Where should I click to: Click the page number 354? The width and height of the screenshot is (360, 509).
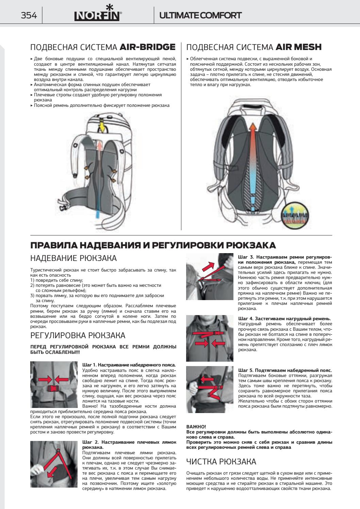(x=29, y=15)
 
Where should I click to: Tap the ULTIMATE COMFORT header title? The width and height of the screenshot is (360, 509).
(x=200, y=15)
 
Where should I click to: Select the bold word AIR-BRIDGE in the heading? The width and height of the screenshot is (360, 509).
(x=147, y=47)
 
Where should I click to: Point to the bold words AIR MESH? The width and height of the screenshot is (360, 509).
(x=299, y=47)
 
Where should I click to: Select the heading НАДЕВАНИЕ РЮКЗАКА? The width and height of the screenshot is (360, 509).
(x=73, y=258)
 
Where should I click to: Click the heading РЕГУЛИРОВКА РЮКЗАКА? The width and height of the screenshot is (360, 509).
(x=78, y=335)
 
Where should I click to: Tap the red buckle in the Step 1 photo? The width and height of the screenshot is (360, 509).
(x=53, y=388)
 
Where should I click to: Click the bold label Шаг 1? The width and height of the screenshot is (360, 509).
(x=89, y=365)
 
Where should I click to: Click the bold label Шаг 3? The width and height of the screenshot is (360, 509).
(x=246, y=257)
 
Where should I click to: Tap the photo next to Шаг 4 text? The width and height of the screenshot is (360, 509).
(x=210, y=338)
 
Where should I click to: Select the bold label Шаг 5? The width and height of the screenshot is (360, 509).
(x=246, y=371)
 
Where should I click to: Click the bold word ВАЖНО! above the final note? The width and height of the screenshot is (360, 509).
(x=196, y=427)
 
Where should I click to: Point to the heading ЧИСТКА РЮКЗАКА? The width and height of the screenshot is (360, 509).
(x=221, y=461)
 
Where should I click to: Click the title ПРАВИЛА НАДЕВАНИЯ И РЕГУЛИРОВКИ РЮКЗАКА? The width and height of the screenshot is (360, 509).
(x=153, y=245)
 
